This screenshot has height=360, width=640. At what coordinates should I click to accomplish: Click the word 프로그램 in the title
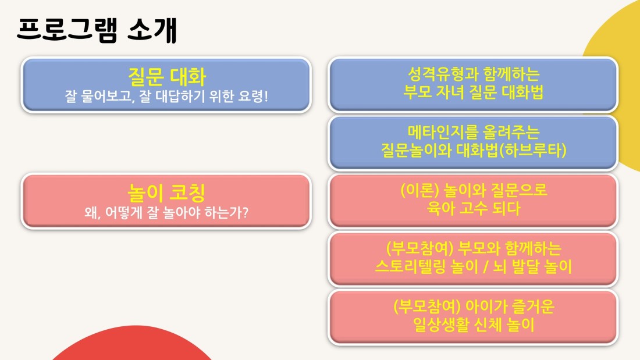(x=67, y=30)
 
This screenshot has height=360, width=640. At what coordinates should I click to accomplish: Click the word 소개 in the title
(x=152, y=30)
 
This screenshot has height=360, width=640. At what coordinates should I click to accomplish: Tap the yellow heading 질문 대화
(x=166, y=76)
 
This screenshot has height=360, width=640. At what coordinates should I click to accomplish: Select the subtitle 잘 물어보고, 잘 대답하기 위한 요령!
(x=166, y=97)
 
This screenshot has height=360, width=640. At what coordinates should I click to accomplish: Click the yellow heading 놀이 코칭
(x=166, y=193)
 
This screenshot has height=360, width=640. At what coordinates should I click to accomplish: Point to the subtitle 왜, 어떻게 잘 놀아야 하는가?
(x=166, y=212)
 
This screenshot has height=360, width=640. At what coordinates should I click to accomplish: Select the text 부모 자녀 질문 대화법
(x=474, y=92)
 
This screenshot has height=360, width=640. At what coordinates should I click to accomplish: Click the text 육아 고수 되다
(x=474, y=209)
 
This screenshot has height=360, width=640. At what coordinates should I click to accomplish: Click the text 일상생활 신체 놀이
(x=474, y=325)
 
